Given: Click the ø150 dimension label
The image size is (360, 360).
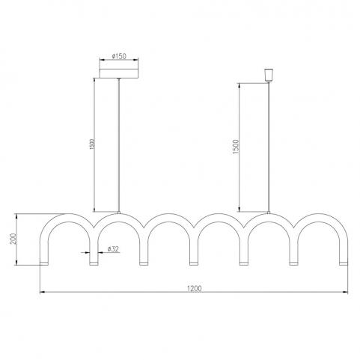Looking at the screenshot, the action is tap(119, 56).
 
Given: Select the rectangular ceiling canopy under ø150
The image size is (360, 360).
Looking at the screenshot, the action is tap(119, 73).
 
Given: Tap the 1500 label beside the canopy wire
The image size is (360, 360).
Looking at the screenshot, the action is tap(92, 144).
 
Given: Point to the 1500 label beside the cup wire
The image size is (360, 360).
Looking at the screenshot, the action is tap(236, 147).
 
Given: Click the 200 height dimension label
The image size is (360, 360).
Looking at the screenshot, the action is tap(13, 239).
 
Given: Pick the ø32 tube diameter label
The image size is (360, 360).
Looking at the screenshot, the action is tap(113, 248).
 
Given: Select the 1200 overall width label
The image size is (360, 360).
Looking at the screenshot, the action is tap(194, 288).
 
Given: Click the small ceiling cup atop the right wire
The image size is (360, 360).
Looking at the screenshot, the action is tap(269, 75).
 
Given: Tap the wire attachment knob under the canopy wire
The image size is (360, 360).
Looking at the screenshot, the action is tap(119, 213).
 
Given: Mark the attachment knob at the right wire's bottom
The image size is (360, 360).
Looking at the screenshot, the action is tap(269, 213).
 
